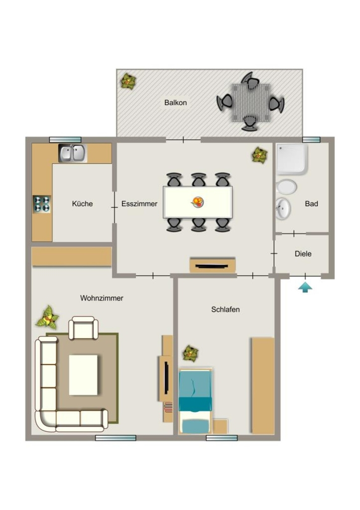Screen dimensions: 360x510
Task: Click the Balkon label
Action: [x=175, y=103]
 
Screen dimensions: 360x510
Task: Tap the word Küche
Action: [x=82, y=204]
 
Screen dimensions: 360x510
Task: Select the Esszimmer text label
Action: [x=139, y=204]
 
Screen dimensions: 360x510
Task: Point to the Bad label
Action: [x=311, y=204]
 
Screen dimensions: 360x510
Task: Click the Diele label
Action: [x=303, y=254]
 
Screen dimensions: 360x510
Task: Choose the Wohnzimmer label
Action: [x=102, y=298]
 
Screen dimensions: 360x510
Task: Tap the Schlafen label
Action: [x=226, y=309]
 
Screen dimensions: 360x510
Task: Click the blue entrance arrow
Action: [x=305, y=287]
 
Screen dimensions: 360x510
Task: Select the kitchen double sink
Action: [x=73, y=153]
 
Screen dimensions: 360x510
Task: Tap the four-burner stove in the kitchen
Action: [x=42, y=204]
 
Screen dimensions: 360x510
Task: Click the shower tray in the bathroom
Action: [x=292, y=159]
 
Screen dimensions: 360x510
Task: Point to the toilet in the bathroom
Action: [x=286, y=187]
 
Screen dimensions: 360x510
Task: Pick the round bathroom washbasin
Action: [x=283, y=208]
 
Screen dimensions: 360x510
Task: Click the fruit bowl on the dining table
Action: [x=197, y=202]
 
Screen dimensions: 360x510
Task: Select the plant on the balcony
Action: [x=128, y=81]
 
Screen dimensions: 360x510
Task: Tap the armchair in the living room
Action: [x=83, y=328]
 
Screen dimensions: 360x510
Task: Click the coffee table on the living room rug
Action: [x=83, y=375]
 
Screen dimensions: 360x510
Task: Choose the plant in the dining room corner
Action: [x=259, y=155]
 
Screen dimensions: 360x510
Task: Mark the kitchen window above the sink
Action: [x=65, y=140]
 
